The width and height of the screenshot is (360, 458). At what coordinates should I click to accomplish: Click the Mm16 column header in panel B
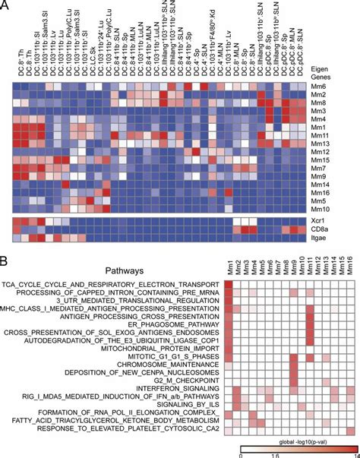349,270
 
